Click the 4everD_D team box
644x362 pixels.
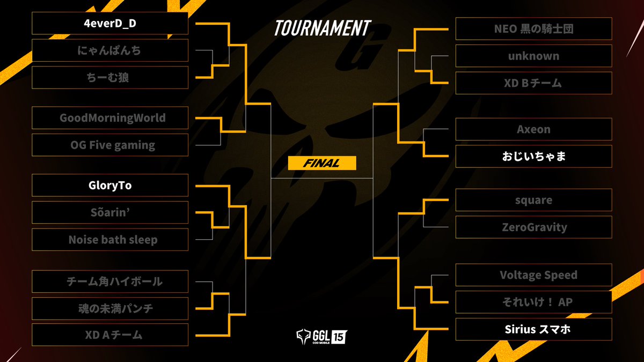(110, 23)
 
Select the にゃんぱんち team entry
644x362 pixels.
(110, 50)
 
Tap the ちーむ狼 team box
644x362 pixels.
(110, 78)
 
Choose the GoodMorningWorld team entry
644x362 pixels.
(110, 117)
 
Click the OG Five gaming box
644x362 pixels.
(110, 145)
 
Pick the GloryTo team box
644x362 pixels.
(110, 185)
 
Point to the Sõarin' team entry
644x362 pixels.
(110, 212)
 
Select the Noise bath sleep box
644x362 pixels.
(110, 240)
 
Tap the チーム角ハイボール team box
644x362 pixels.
(110, 281)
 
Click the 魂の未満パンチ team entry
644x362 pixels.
(110, 308)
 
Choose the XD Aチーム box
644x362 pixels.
(110, 335)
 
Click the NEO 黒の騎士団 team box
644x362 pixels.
(533, 28)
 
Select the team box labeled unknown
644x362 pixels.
(533, 56)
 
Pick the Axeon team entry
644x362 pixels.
(533, 129)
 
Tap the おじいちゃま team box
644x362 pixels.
(533, 157)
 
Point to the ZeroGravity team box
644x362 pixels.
(533, 227)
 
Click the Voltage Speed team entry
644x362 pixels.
(533, 275)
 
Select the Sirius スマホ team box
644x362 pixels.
(533, 329)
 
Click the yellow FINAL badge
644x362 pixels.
(322, 164)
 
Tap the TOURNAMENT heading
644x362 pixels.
(322, 28)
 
